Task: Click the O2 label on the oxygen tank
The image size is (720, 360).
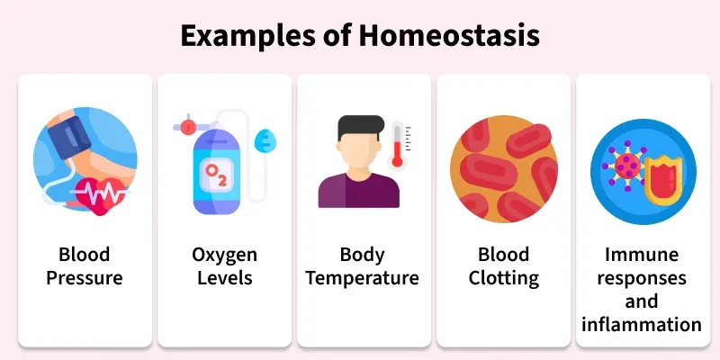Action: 217,170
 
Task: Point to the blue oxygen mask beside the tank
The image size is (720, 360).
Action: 262,139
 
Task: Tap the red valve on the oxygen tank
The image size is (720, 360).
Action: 188,127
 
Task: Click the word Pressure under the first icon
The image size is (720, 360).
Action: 84,278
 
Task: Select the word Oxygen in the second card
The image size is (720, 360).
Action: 225,254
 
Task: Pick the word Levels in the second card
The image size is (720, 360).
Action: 225,278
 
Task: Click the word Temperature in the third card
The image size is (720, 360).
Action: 362,278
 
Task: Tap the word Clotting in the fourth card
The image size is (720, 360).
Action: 503,278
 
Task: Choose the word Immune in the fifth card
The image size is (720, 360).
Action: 641,254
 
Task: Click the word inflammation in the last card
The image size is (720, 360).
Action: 641,323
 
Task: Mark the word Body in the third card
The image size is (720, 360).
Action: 362,254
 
